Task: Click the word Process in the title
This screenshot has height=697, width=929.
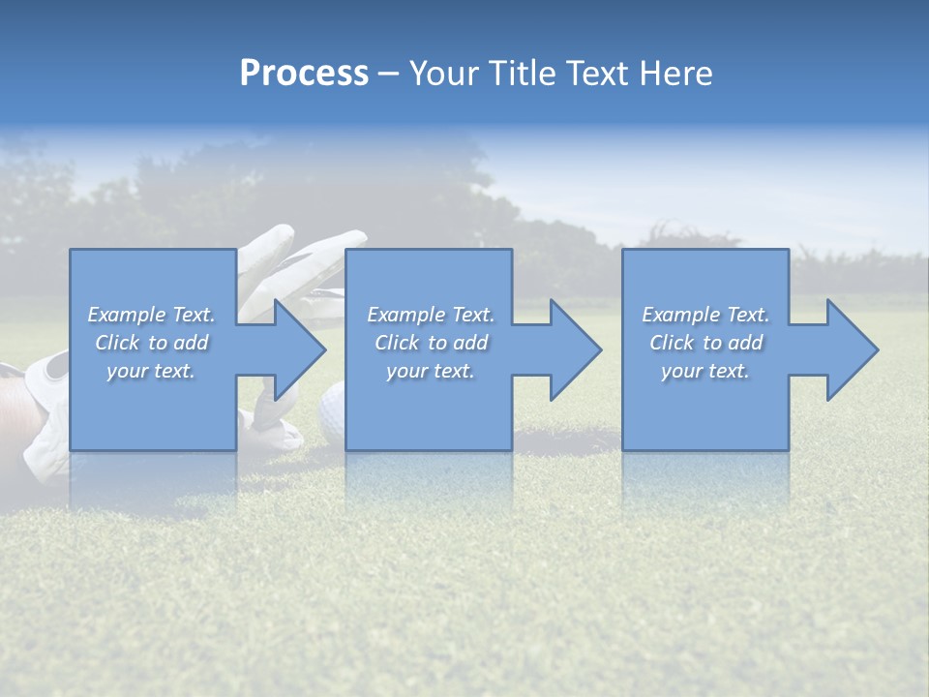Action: point(304,74)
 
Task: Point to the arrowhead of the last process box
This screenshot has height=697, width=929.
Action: point(851,349)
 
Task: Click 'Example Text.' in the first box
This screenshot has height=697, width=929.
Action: point(151,315)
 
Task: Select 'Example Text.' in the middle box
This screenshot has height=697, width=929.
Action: point(430,315)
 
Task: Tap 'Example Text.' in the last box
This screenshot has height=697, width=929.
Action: point(705,315)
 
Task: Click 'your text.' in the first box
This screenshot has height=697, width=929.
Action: point(151,371)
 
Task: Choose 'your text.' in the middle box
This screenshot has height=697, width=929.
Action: point(430,371)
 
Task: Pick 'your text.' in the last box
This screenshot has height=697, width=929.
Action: point(705,371)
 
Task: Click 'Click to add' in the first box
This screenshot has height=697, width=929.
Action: point(151,343)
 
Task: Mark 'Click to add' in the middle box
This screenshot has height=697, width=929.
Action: point(430,343)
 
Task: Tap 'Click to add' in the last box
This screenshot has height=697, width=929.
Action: point(705,343)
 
